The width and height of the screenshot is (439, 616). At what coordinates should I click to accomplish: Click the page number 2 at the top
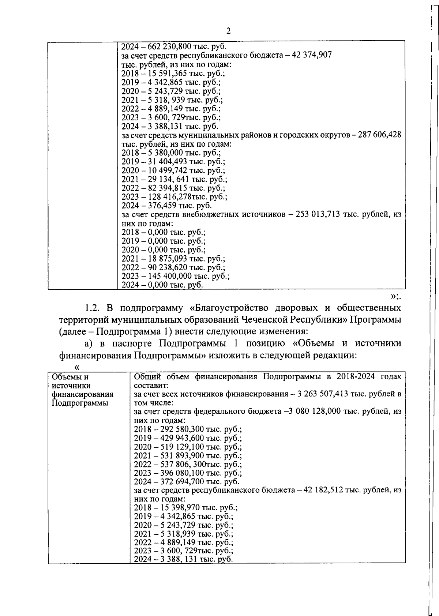(228, 31)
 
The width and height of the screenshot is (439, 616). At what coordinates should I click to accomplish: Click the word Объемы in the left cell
(65, 377)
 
